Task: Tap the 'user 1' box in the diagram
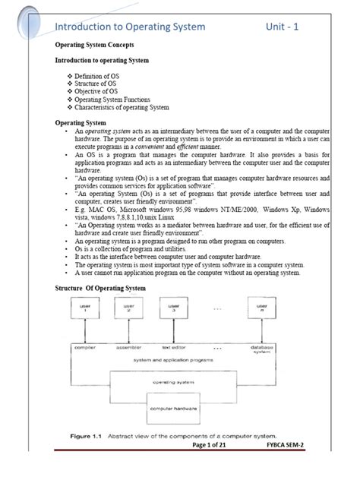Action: pyautogui.click(x=84, y=308)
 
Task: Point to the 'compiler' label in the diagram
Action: pyautogui.click(x=84, y=347)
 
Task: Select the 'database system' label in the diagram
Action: pyautogui.click(x=261, y=349)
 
